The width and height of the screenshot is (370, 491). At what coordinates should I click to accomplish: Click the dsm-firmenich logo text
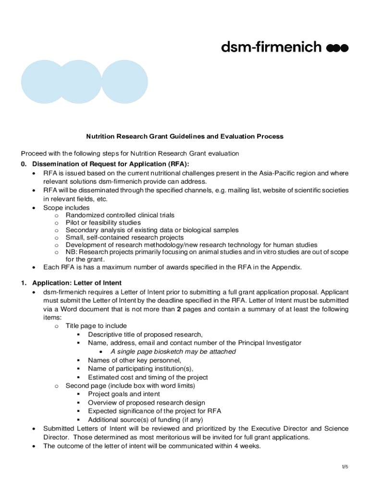click(271, 47)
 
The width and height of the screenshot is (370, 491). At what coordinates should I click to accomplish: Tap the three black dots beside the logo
click(337, 47)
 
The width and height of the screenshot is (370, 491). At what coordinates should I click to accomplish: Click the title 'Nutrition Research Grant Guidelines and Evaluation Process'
click(185, 137)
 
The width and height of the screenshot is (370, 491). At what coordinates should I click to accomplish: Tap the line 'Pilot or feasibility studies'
click(103, 222)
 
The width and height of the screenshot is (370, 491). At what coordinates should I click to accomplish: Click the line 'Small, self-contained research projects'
click(124, 237)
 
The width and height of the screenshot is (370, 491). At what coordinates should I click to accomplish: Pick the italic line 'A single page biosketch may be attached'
click(173, 351)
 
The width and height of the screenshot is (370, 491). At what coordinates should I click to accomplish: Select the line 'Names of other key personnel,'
click(135, 360)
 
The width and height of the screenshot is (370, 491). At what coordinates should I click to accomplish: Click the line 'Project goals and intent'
click(124, 394)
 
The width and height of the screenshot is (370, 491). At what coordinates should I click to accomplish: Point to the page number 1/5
click(345, 467)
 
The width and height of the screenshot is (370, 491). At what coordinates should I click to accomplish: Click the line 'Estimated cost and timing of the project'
click(148, 377)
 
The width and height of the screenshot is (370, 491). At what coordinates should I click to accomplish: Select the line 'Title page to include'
click(96, 326)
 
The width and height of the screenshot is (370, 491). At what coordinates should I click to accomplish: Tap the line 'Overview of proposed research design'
click(146, 403)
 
